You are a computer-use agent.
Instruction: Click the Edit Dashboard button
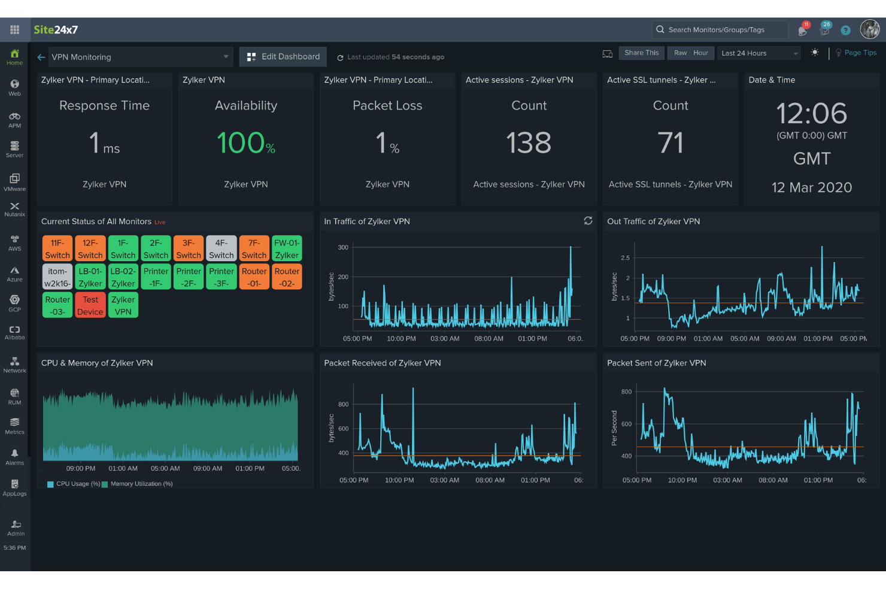[x=283, y=57]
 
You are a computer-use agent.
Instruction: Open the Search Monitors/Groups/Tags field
[x=718, y=29]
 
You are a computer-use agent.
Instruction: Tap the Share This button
[x=641, y=53]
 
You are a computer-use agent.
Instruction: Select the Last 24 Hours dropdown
[x=758, y=53]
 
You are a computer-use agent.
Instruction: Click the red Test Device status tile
[x=90, y=305]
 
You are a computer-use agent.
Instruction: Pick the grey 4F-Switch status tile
[x=221, y=249]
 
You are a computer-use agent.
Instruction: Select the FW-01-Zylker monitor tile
[x=287, y=249]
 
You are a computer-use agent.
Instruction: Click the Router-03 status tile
[x=57, y=305]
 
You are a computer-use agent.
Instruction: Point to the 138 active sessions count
[x=529, y=143]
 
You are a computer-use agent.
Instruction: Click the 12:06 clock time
[x=811, y=113]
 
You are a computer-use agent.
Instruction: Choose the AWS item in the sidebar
[x=14, y=243]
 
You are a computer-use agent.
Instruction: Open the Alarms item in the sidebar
[x=14, y=457]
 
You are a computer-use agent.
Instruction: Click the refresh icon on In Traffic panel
[x=588, y=221]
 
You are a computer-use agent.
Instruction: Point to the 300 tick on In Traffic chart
[x=343, y=247]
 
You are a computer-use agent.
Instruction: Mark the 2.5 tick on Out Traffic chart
[x=625, y=258]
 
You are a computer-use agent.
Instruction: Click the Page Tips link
[x=860, y=53]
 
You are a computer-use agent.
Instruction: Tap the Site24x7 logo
[x=56, y=30]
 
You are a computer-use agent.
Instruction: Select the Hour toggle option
[x=700, y=53]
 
